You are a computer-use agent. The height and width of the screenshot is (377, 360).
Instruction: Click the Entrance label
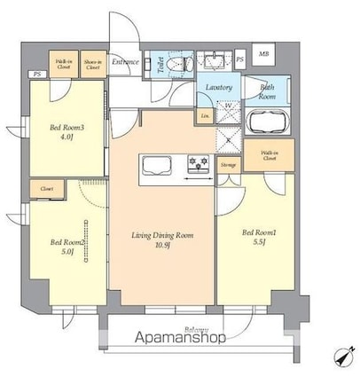pyautogui.click(x=126, y=62)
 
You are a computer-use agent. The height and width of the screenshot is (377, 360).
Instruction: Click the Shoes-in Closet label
pyautogui.click(x=92, y=62)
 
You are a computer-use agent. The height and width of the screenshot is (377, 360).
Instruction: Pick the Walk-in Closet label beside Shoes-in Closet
pyautogui.click(x=64, y=62)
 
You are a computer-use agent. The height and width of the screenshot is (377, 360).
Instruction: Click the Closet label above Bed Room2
pyautogui.click(x=45, y=188)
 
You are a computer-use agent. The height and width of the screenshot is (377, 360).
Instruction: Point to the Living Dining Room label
pyautogui.click(x=160, y=235)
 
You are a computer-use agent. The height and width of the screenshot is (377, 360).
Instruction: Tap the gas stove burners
pyautogui.click(x=198, y=163)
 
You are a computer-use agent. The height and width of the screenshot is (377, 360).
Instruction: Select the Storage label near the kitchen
pyautogui.click(x=228, y=164)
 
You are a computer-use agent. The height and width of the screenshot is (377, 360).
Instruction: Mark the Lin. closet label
pyautogui.click(x=205, y=116)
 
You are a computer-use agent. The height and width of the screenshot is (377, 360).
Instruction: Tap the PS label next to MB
pyautogui.click(x=240, y=59)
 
